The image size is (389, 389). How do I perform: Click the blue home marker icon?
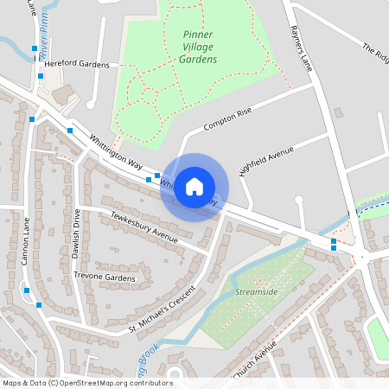point(194,187)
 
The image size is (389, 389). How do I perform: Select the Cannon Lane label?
point(26,246)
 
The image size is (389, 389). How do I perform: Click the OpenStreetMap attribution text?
point(87,383)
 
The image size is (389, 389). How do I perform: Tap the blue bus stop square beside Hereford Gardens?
point(40,76)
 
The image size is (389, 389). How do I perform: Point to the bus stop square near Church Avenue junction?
point(334,248)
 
